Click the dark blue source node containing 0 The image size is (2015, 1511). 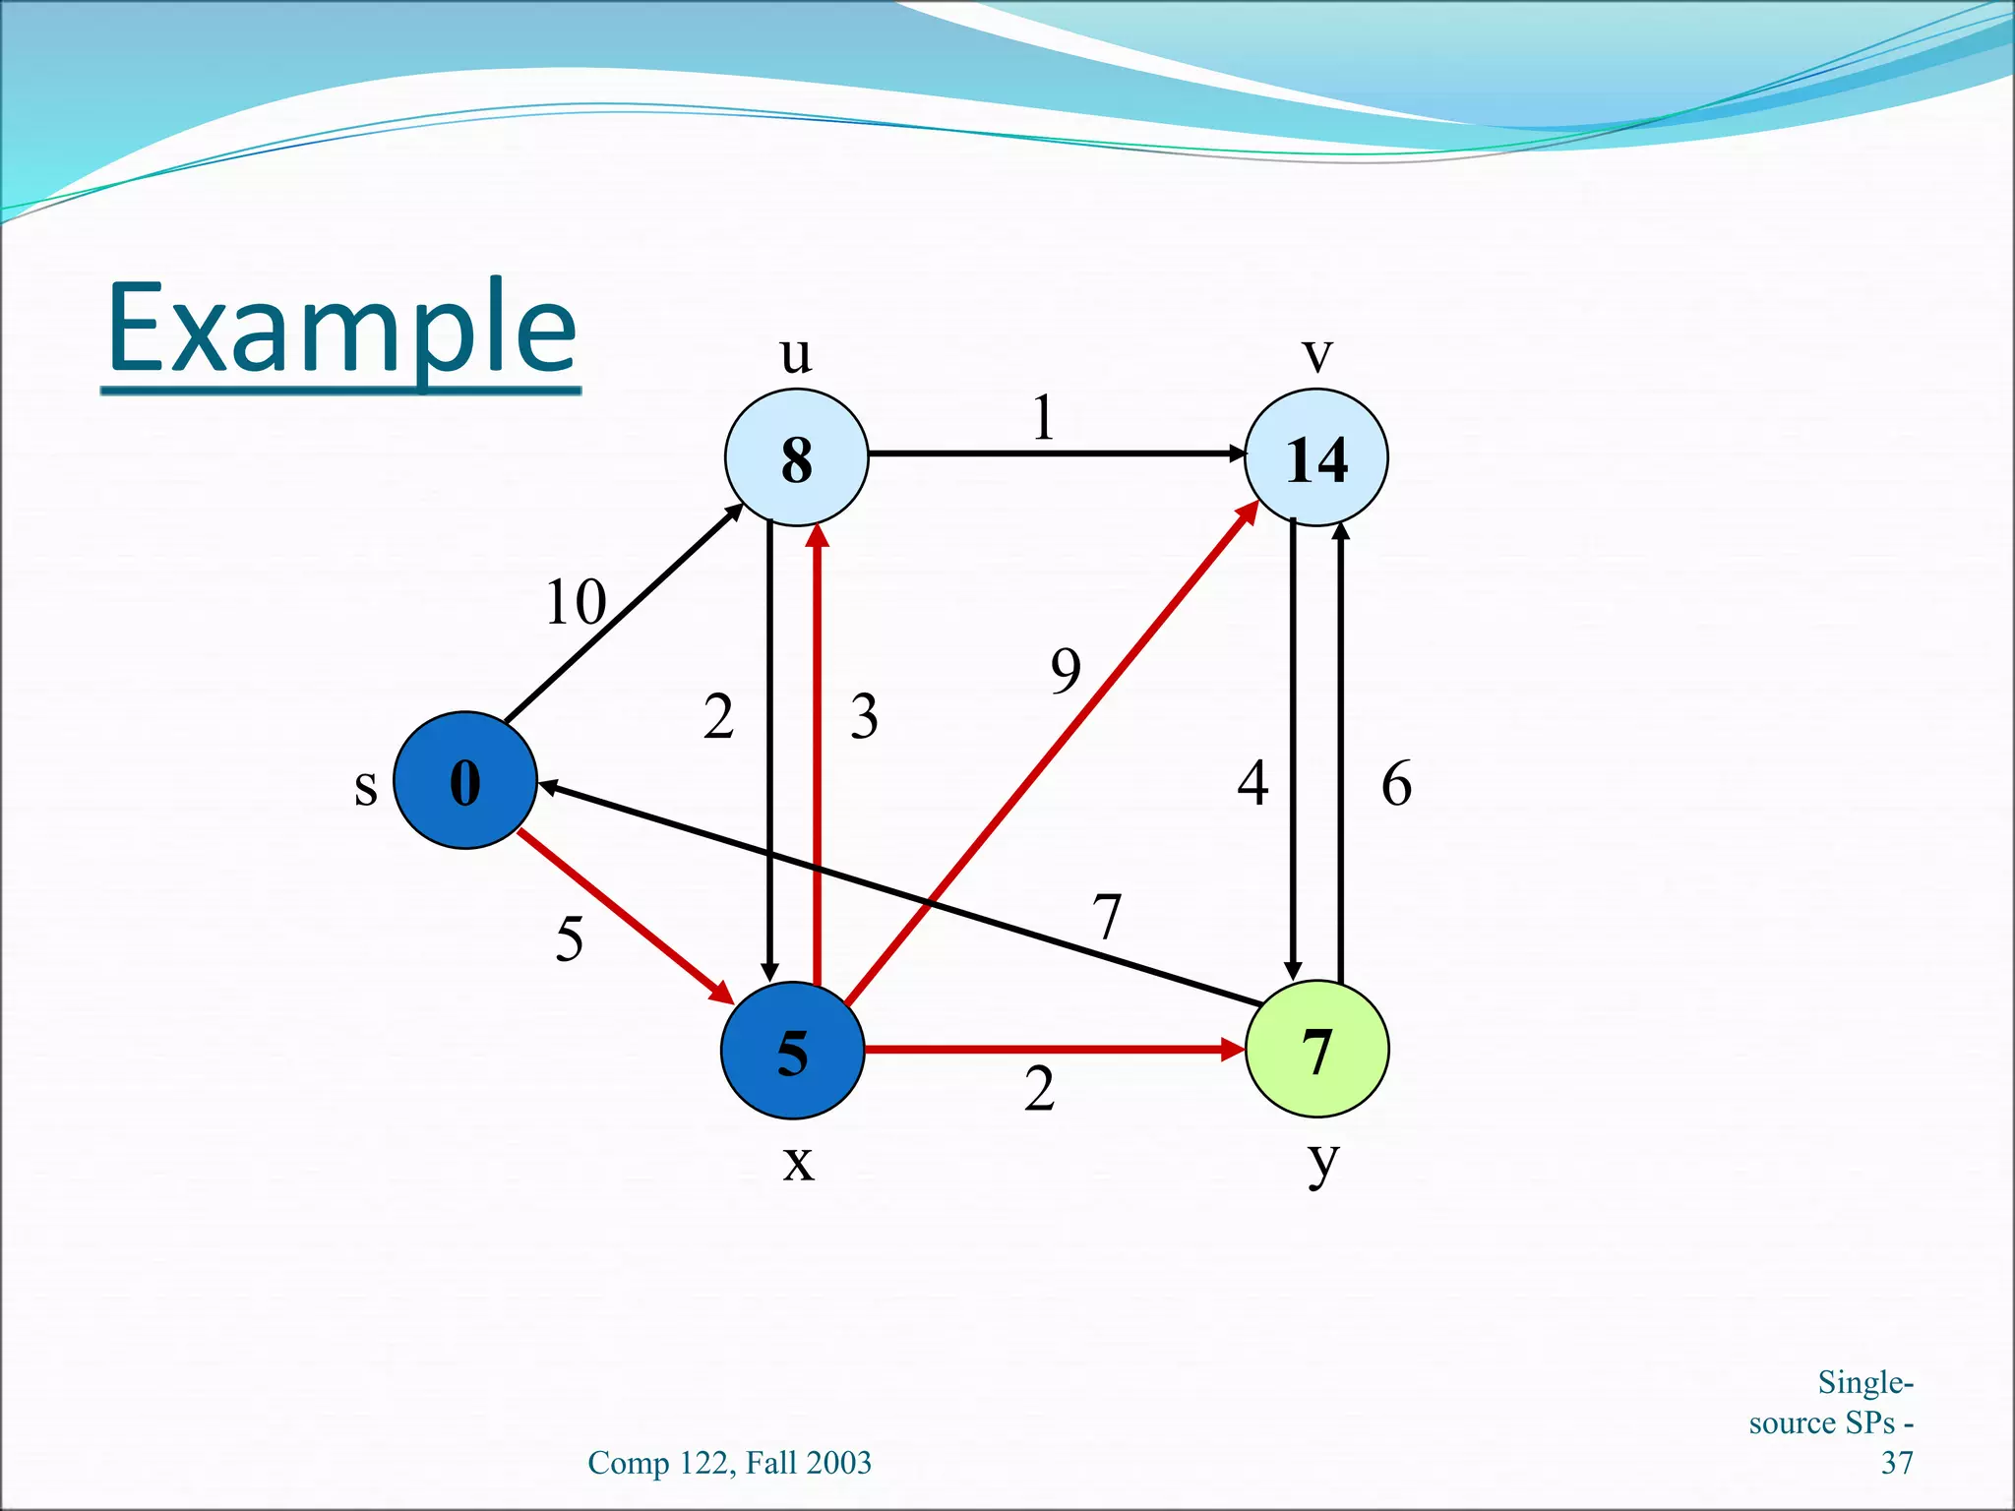click(464, 780)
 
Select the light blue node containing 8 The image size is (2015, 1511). click(796, 457)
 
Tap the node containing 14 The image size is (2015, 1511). click(1316, 457)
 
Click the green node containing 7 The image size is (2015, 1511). click(1316, 1050)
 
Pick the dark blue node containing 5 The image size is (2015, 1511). click(792, 1051)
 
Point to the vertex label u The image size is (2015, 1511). click(796, 354)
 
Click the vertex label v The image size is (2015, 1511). click(1316, 354)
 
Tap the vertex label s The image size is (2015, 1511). click(365, 787)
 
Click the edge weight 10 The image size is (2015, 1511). click(576, 602)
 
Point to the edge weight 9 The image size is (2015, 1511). click(1066, 671)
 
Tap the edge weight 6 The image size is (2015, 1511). click(1396, 784)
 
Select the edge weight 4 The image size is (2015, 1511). click(1252, 784)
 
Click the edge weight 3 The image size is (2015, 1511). click(864, 716)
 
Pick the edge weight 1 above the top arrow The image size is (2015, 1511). click(1044, 418)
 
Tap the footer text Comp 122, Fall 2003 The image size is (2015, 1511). click(729, 1463)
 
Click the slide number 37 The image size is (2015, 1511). click(1897, 1463)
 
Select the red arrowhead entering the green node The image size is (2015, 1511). click(1233, 1050)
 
